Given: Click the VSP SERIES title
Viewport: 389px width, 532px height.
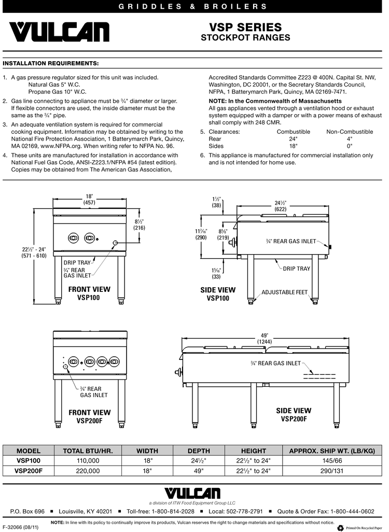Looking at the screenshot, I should pos(245,27).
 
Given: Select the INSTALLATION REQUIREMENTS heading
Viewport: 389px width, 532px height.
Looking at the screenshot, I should pos(51,64).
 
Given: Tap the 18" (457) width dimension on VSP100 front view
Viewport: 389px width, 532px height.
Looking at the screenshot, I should pos(89,200).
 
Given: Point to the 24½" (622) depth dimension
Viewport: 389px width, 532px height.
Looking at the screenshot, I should pos(281,206).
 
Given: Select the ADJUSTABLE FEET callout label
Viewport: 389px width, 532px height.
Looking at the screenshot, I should pos(284,292).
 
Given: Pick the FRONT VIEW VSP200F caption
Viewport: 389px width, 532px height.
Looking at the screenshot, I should pos(90,416).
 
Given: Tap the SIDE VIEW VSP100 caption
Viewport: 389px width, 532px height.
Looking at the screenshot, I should pos(218,294).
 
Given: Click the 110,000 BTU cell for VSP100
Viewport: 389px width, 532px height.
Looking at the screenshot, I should pos(88,460).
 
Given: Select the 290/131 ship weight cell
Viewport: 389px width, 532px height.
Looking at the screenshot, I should pos(332,471).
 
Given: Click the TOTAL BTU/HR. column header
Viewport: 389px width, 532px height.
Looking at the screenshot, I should pos(88,451).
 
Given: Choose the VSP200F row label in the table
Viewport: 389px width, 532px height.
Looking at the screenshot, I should pos(29,471).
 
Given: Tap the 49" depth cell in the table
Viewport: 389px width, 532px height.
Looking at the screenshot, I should pos(199,471).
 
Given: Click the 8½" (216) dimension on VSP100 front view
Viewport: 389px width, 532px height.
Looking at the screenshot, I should pos(139,224).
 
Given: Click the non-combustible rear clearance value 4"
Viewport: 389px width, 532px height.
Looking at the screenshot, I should pos(350,139).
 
